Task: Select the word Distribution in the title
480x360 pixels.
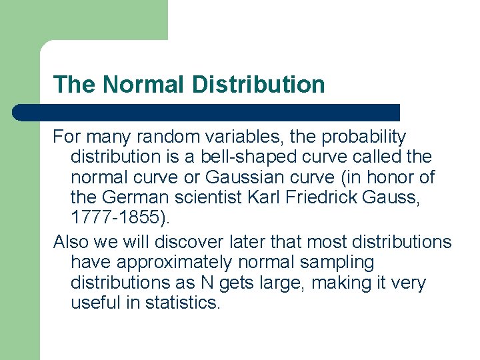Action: tap(259, 85)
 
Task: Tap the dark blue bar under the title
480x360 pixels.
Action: tap(207, 112)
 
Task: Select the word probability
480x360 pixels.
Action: tap(364, 137)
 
